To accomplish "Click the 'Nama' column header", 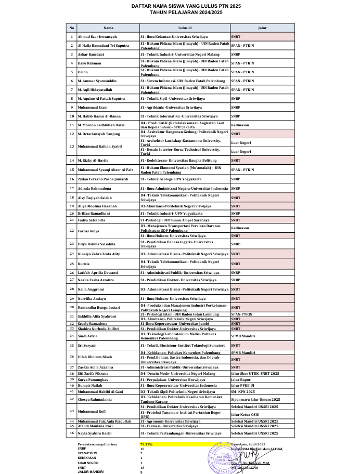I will point(108,28).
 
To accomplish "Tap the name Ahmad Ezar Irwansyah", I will point(97,37).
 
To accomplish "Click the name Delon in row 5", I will point(82,72).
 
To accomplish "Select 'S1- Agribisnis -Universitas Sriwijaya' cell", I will point(168,107).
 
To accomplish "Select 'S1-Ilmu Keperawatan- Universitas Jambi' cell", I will point(174,323).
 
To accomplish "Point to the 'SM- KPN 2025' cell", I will point(244,391).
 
